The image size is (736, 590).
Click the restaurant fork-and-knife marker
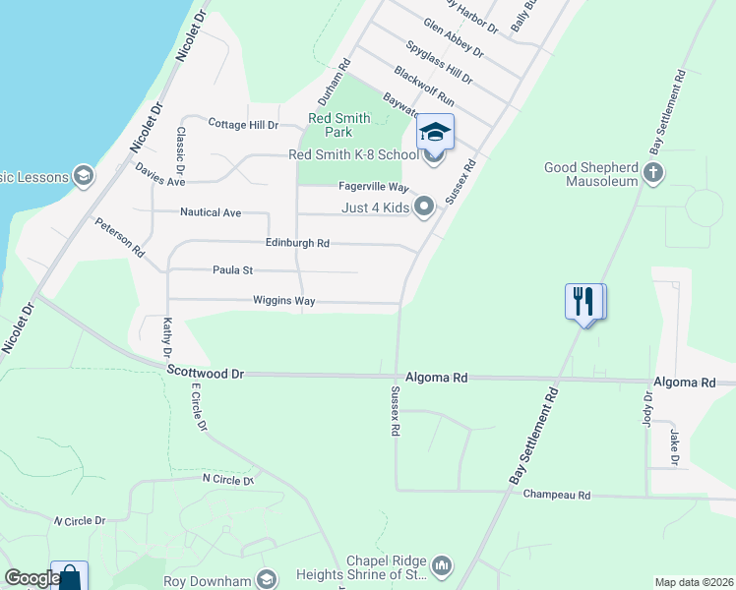[x=584, y=301]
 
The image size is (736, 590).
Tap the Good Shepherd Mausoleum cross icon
[x=652, y=174]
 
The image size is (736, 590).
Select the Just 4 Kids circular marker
[x=424, y=206]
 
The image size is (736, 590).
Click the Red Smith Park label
[x=339, y=125]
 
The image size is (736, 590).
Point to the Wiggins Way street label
[x=283, y=301]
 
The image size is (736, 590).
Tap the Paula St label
[x=233, y=270]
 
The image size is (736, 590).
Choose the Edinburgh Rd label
[x=297, y=243]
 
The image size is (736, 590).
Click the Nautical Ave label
[x=211, y=212]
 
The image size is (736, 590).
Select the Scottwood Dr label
[x=205, y=373]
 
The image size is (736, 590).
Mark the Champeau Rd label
[x=556, y=495]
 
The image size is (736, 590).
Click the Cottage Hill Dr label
[x=244, y=125]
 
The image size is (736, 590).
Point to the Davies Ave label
[x=160, y=175]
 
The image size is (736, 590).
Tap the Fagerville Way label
[x=373, y=187]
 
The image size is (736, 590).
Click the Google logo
[x=31, y=579]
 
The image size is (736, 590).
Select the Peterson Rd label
[x=119, y=237]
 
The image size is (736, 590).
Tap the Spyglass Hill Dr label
[x=439, y=62]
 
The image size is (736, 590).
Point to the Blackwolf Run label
[x=423, y=87]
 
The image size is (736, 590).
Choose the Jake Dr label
[x=675, y=446]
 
